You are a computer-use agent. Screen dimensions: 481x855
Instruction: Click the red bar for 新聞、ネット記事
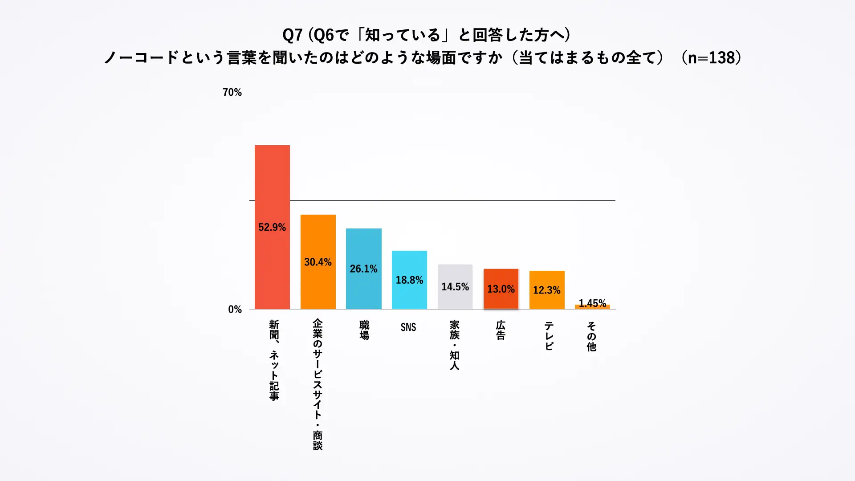tap(272, 187)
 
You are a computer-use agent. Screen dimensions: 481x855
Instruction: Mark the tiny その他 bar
tap(592, 307)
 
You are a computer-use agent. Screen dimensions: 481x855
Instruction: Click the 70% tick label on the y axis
tap(232, 92)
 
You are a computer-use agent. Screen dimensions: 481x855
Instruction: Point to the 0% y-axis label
tap(235, 309)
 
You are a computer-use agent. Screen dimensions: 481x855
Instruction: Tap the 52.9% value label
tap(272, 227)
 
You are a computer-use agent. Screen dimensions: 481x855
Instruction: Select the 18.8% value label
tap(409, 280)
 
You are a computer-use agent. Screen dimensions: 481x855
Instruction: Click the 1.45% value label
tap(592, 303)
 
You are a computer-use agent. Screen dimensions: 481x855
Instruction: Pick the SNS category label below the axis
tap(408, 327)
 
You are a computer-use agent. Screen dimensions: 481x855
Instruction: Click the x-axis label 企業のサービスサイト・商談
tap(318, 384)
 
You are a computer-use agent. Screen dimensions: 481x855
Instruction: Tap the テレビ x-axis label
tap(549, 336)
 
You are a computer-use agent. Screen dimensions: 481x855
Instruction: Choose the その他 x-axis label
tap(591, 336)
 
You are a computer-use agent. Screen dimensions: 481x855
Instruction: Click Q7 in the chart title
tap(293, 35)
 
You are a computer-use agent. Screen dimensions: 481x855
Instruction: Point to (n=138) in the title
tap(711, 57)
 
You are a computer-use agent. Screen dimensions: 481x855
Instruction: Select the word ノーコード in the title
tap(141, 57)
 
